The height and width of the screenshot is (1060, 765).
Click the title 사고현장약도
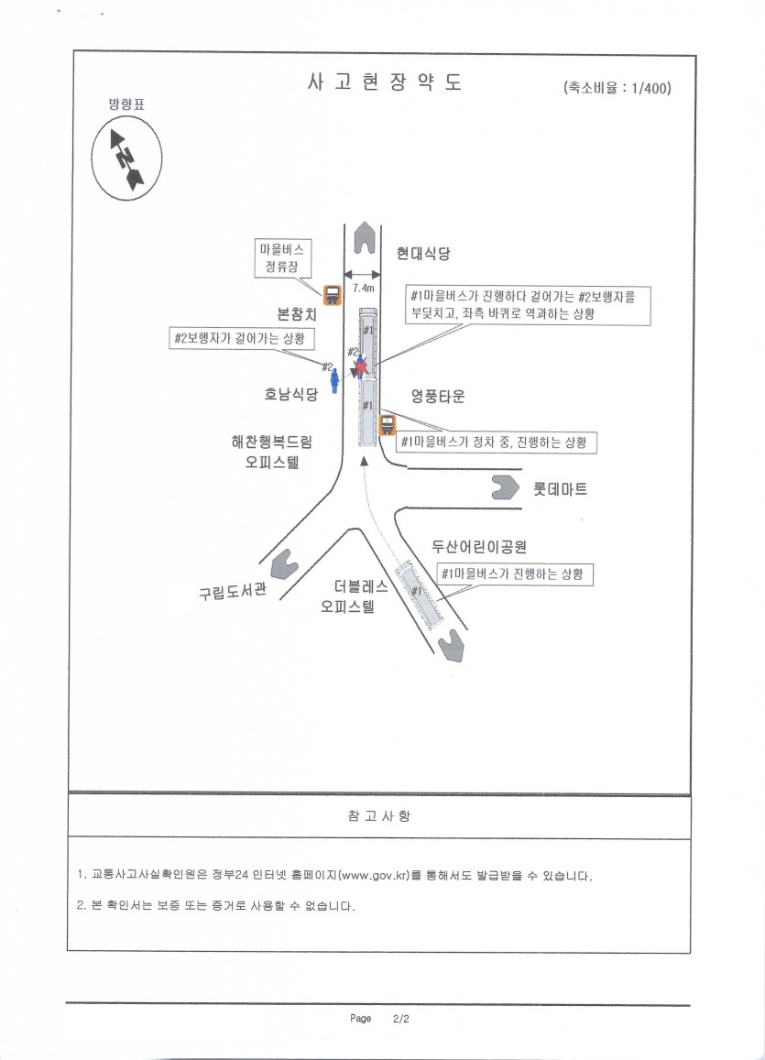385,82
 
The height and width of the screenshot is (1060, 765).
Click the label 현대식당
423,254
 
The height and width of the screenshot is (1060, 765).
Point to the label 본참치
297,313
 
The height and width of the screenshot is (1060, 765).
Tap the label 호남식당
290,393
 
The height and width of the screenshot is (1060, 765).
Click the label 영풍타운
438,396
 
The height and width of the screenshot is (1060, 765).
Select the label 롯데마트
560,488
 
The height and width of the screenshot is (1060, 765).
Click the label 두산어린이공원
479,546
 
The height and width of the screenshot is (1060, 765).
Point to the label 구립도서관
233,592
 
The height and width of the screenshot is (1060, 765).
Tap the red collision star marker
361,367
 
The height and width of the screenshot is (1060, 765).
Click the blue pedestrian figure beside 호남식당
333,380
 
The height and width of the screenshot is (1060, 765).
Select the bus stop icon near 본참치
332,294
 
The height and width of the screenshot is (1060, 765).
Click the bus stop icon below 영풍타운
388,424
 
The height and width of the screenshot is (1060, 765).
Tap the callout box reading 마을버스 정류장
282,257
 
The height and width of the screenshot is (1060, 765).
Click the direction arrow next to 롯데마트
505,487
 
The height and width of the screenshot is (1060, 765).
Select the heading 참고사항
379,816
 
